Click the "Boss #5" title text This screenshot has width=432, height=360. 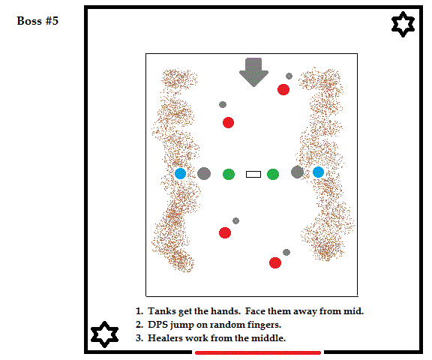pyautogui.click(x=37, y=21)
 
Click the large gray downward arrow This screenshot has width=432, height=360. pyautogui.click(x=253, y=72)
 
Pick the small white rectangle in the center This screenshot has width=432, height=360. pyautogui.click(x=253, y=174)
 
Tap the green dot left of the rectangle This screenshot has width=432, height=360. pyautogui.click(x=229, y=174)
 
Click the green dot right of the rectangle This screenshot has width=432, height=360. pyautogui.click(x=273, y=174)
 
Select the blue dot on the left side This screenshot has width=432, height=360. pyautogui.click(x=181, y=173)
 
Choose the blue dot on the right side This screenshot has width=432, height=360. pyautogui.click(x=318, y=172)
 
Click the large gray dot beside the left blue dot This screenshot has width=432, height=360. pyautogui.click(x=204, y=173)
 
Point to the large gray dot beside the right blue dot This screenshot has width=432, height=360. pyautogui.click(x=298, y=172)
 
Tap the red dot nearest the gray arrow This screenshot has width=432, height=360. pyautogui.click(x=283, y=89)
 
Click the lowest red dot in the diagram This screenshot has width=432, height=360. pyautogui.click(x=275, y=262)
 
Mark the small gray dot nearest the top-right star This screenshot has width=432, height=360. pyautogui.click(x=289, y=76)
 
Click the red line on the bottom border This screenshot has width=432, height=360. pyautogui.click(x=258, y=352)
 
